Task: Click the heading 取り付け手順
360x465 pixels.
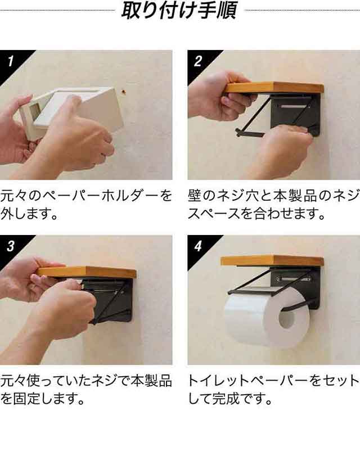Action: click(179, 10)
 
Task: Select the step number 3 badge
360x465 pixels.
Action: click(11, 246)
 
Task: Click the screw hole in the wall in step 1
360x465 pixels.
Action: click(123, 92)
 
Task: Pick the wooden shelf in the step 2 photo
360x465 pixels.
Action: click(274, 88)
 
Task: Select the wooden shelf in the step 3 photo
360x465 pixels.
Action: click(87, 272)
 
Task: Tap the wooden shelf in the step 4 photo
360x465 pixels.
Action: click(272, 260)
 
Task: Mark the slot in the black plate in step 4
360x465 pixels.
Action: click(294, 279)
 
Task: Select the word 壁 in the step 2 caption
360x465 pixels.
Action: click(195, 196)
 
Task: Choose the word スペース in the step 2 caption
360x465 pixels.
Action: click(214, 214)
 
